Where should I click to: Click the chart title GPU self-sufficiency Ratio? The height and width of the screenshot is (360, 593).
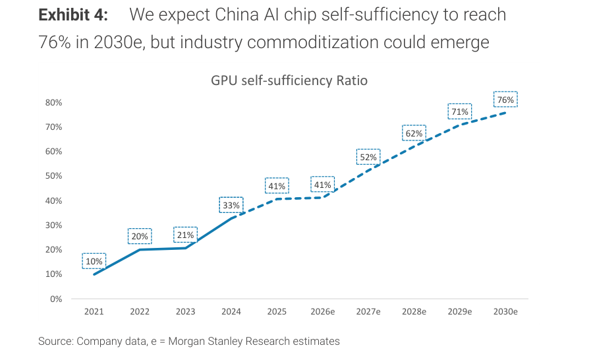(289, 81)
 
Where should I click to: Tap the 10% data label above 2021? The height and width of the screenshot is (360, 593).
(94, 261)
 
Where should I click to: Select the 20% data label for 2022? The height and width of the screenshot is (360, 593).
(140, 237)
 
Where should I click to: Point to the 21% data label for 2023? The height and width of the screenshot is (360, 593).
(185, 235)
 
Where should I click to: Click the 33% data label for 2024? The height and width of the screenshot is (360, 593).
(231, 206)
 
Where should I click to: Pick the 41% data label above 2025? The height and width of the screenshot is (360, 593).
(276, 187)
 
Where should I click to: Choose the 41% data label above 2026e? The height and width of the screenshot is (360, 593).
(322, 185)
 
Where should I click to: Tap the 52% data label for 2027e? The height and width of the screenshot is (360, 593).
(368, 158)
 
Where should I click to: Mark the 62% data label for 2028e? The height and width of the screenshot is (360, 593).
(414, 133)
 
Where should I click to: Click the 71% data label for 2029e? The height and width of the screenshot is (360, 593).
(459, 111)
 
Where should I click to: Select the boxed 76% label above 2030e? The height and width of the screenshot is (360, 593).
(505, 100)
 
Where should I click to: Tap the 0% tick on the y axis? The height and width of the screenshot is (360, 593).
(56, 299)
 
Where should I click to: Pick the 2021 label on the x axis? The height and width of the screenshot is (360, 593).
(94, 312)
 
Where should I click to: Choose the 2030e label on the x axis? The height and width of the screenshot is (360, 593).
(505, 312)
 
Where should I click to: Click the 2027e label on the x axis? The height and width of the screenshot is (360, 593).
(368, 312)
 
